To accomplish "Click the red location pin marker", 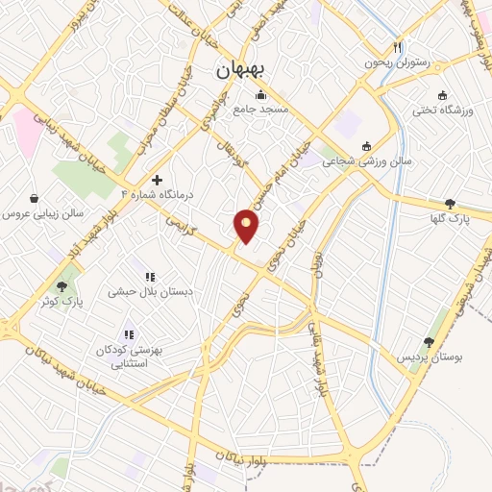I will coord(247,225).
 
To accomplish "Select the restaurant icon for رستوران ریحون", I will coord(397,47).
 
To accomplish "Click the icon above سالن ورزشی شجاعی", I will coord(366,146).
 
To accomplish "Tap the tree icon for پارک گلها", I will coord(450,204).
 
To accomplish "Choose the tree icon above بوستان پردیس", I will coord(429,341).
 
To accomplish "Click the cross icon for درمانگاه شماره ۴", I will coord(157,180).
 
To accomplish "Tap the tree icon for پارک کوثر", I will coord(63,285).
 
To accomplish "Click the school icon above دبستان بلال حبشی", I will coord(150,277).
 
